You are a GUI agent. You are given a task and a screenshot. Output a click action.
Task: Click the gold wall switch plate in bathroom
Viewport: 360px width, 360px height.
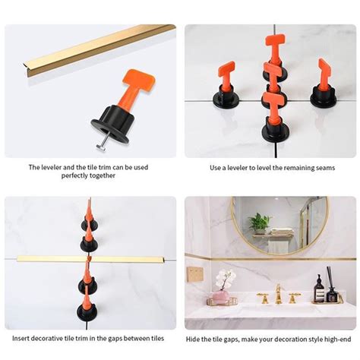point(196,274)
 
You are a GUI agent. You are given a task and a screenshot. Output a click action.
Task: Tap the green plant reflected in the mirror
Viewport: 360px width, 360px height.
point(260,223)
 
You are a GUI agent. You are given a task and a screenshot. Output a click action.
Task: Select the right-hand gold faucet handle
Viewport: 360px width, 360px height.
point(294,297)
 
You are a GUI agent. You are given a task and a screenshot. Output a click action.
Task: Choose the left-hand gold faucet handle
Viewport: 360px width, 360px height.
point(262,297)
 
